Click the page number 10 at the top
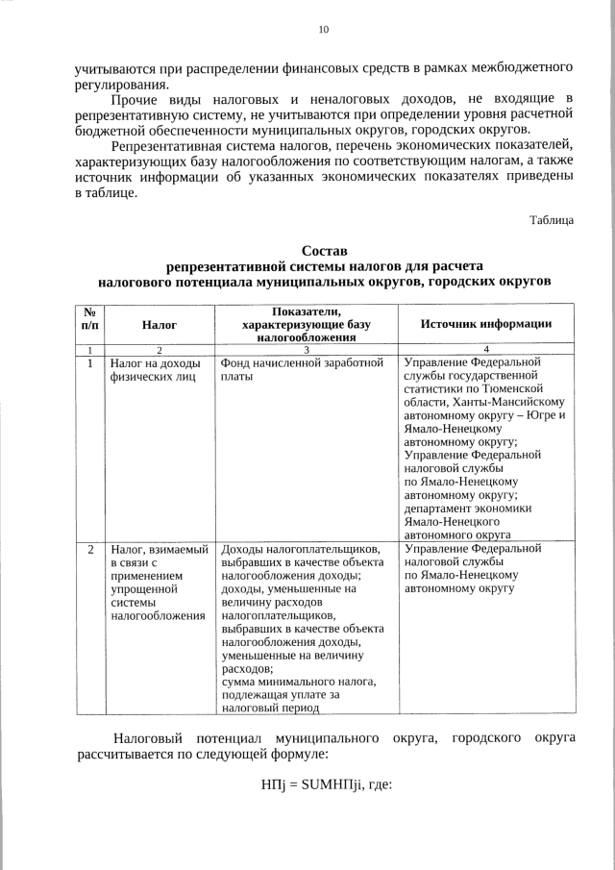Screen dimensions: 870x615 pyautogui.click(x=323, y=30)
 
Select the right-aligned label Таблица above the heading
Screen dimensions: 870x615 pyautogui.click(x=552, y=219)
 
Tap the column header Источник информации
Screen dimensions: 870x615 pyautogui.click(x=486, y=324)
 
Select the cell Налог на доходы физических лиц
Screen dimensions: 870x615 pyautogui.click(x=155, y=371)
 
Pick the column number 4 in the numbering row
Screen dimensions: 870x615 pyautogui.click(x=486, y=349)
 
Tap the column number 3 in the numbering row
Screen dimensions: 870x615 pyautogui.click(x=306, y=349)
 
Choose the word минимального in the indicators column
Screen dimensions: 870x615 pyautogui.click(x=306, y=682)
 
